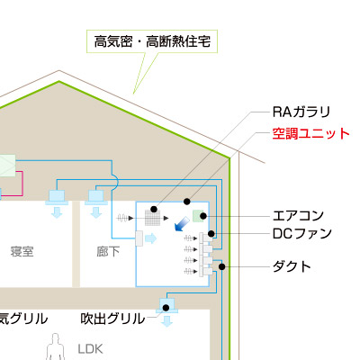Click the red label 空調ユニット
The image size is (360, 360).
coord(311,134)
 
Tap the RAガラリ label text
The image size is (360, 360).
coord(301,112)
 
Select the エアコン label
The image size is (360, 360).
coord(298,216)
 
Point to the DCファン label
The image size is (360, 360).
coord(302,234)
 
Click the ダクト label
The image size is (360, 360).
coord(292,266)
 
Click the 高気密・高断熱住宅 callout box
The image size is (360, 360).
coord(152,41)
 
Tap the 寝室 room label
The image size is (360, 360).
coord(22,251)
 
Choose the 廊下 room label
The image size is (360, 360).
coord(108,251)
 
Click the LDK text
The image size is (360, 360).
coord(90,349)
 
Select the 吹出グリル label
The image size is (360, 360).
coord(112,319)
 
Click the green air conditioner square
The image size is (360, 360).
coord(198,216)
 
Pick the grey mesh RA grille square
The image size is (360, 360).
coord(152,218)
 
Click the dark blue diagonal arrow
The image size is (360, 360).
coord(182,224)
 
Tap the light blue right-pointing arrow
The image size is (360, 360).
coord(151,238)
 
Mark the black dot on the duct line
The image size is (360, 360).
coord(221,266)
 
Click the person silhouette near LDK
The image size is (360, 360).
coord(55,346)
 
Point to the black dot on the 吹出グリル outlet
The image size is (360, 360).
coord(166,308)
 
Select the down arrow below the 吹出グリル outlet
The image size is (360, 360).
coord(166,321)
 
